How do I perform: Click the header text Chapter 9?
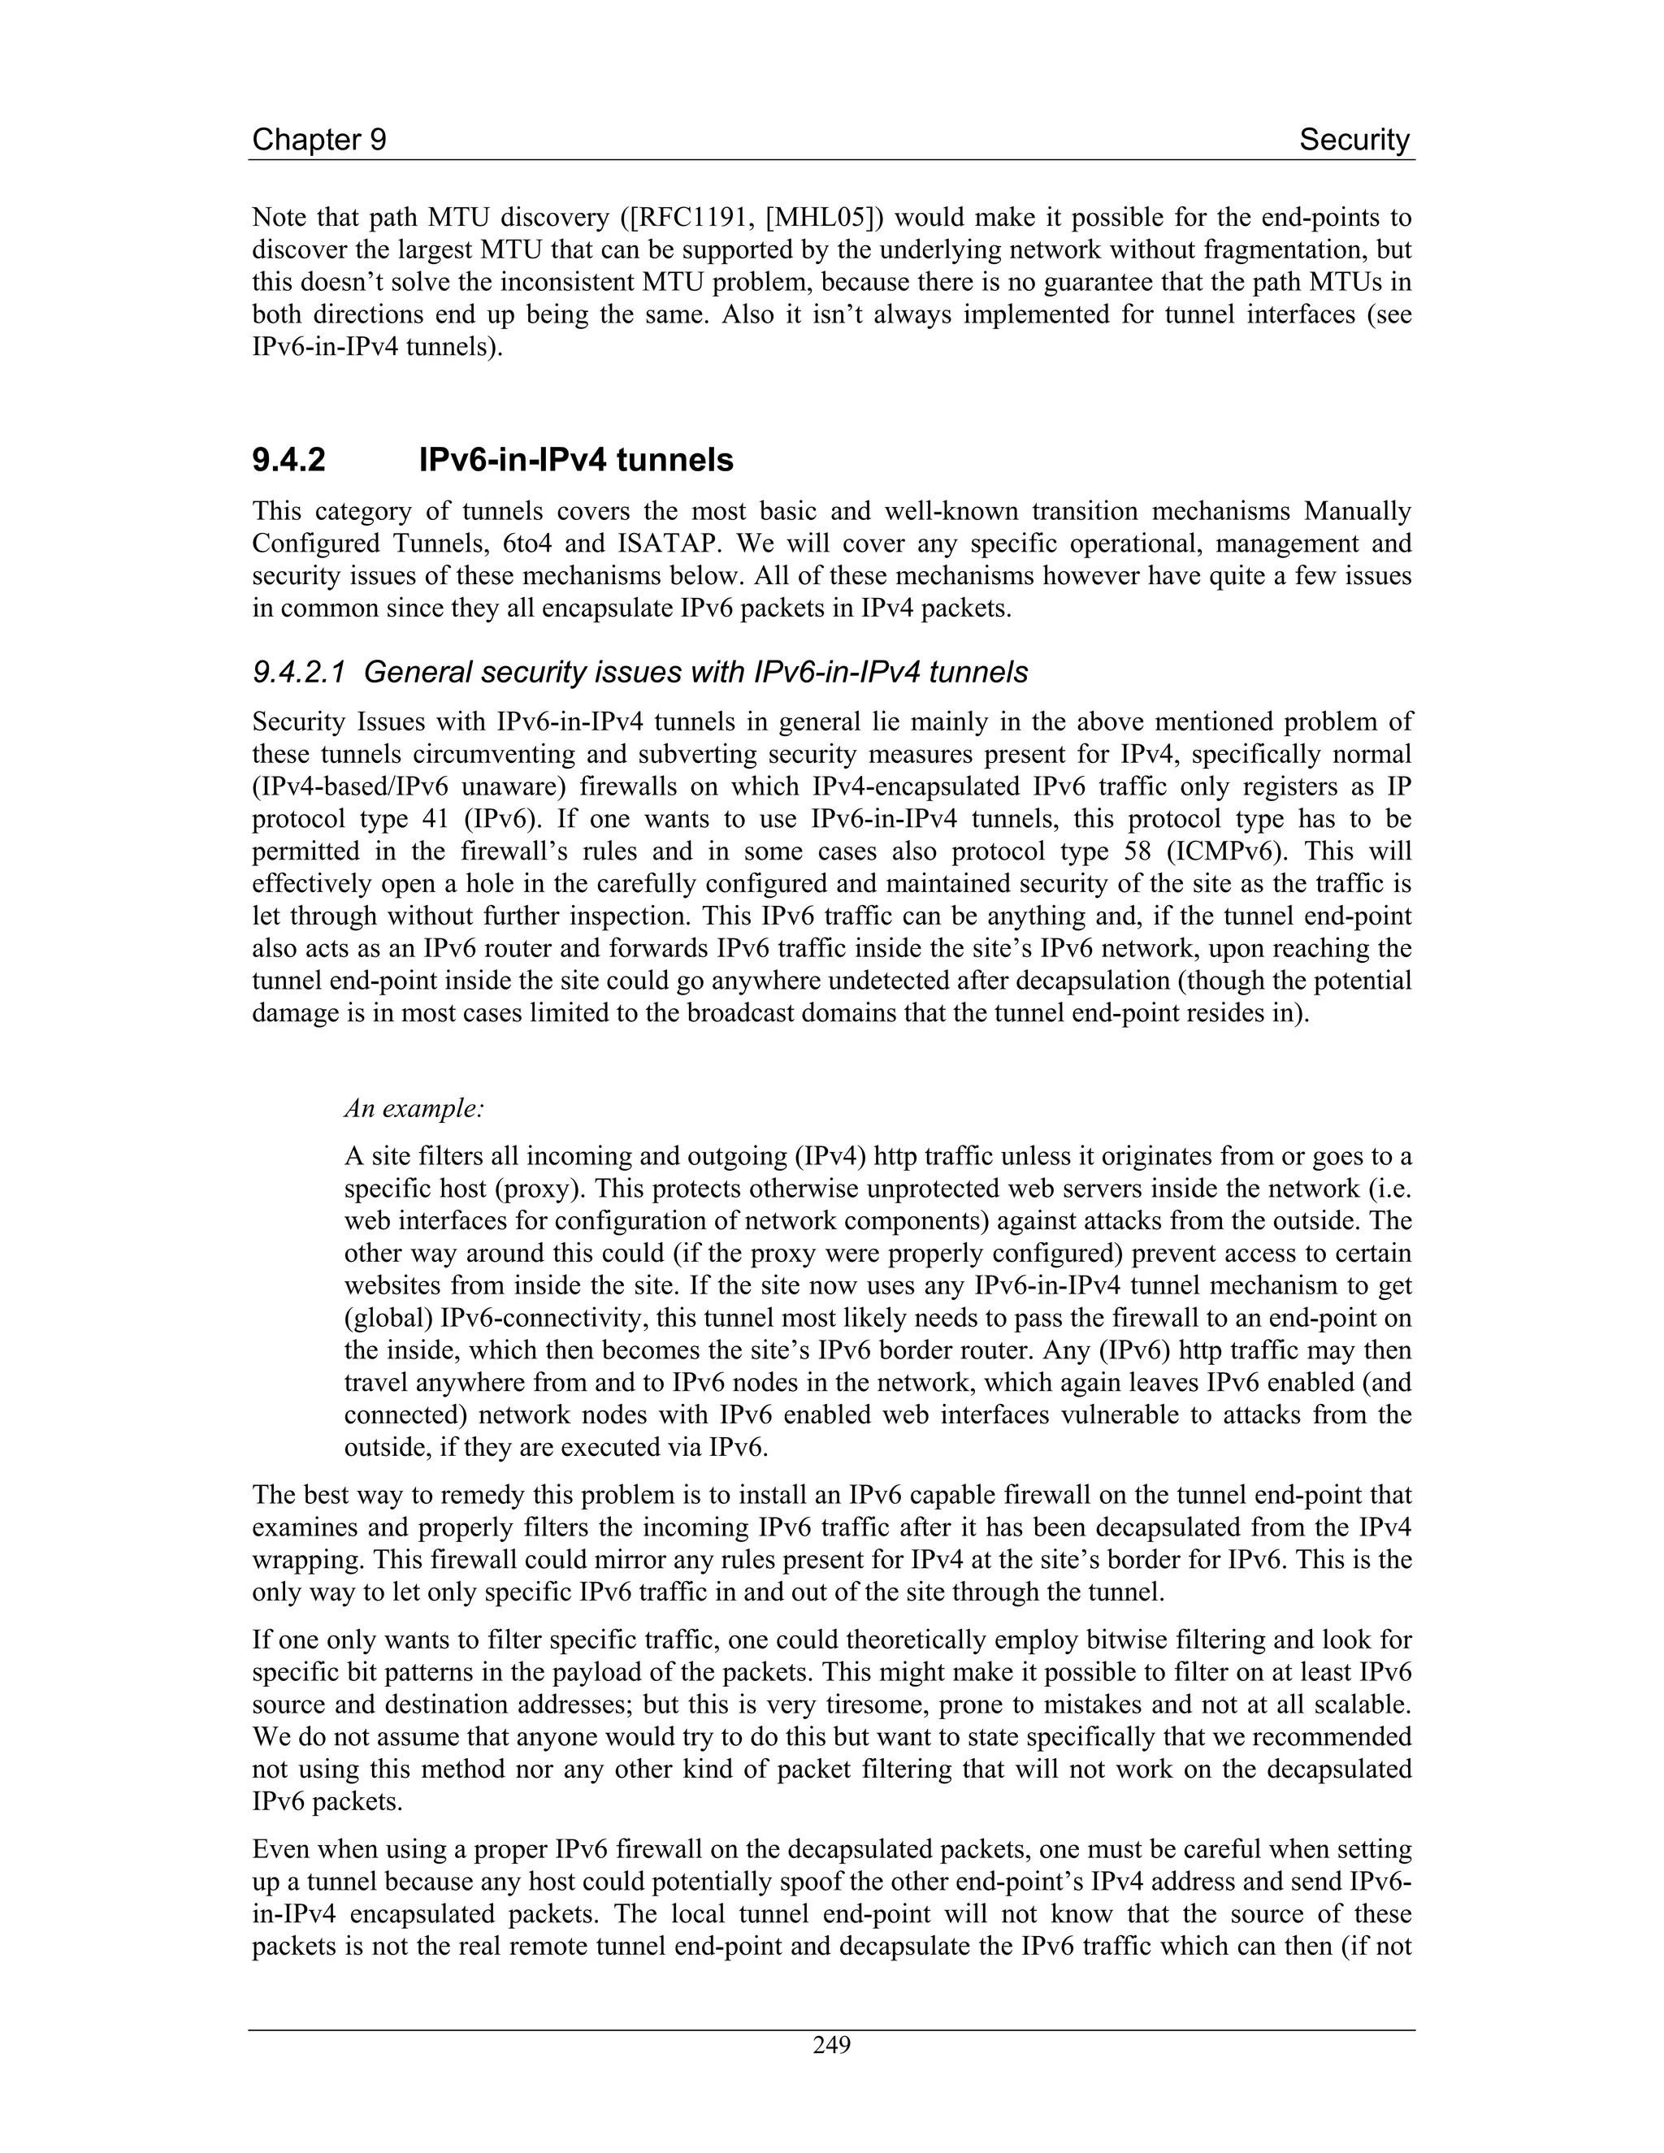(318, 140)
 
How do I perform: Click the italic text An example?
(414, 1108)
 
